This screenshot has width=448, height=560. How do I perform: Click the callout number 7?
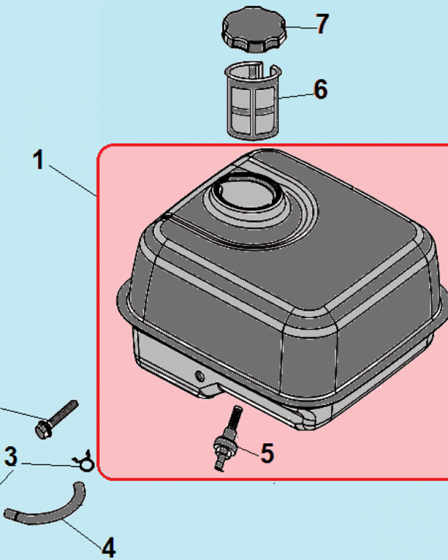(x=322, y=24)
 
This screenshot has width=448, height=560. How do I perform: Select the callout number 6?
(x=320, y=89)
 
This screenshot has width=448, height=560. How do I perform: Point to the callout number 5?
(x=267, y=453)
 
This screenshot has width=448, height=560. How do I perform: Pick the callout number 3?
(x=11, y=456)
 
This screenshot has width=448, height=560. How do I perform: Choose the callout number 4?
(x=108, y=547)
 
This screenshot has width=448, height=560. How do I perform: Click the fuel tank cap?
(x=254, y=29)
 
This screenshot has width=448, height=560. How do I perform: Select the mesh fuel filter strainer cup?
(x=253, y=100)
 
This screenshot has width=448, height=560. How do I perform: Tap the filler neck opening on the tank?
(x=246, y=190)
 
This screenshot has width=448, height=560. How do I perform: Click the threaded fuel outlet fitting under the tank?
(x=227, y=438)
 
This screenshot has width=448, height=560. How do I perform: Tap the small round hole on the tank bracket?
(x=199, y=375)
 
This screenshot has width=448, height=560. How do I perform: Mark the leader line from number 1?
(x=73, y=181)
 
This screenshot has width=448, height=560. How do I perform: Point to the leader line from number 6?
(x=296, y=96)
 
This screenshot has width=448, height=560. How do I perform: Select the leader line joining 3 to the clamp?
(x=50, y=465)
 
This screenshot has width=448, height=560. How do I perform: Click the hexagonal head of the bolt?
(x=44, y=430)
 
